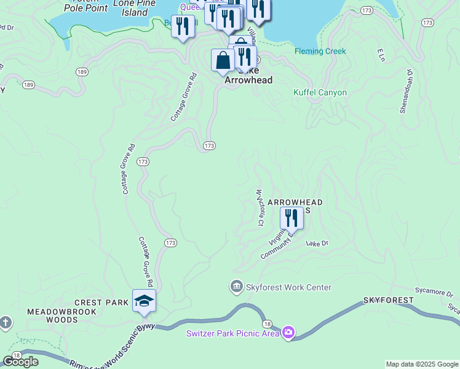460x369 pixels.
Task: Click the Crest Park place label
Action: coord(101,303)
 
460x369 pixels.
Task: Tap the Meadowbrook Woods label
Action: coord(52,315)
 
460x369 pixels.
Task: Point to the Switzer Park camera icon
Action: coord(288,333)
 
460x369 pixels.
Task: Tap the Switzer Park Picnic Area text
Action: coord(233,334)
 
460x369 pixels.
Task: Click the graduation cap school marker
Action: coord(144,301)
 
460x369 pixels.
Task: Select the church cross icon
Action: coord(6,323)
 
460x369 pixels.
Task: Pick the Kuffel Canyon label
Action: coord(320,92)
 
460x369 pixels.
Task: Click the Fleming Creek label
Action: coord(320,51)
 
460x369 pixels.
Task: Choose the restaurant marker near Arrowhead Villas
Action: coord(291,218)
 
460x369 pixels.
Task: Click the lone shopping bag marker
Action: coord(222,60)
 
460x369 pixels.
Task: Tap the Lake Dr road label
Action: coord(317,244)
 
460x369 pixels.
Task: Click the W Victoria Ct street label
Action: coord(260,208)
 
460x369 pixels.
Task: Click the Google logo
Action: coord(21,362)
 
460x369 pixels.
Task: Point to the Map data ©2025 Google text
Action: coord(422,364)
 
